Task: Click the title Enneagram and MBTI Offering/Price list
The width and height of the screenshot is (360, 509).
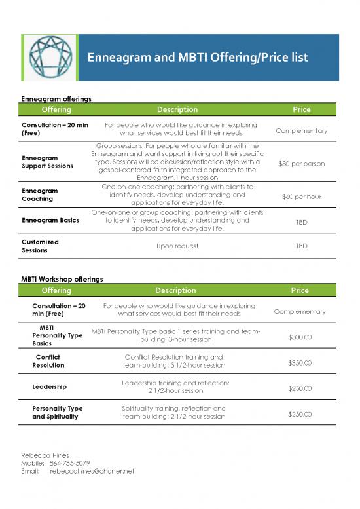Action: click(x=198, y=58)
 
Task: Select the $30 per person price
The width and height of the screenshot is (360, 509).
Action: click(x=301, y=163)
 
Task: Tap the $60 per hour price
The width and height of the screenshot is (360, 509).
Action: click(x=301, y=196)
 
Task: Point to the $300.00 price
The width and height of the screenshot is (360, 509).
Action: click(x=300, y=337)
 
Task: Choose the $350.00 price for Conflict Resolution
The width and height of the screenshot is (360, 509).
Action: click(x=300, y=363)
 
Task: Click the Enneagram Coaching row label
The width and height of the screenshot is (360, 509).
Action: click(x=40, y=195)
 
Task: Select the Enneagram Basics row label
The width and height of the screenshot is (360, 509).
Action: click(x=50, y=221)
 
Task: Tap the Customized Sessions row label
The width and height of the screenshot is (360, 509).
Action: click(x=40, y=246)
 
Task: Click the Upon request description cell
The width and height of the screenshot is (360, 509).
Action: click(x=177, y=246)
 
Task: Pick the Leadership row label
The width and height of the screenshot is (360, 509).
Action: click(x=49, y=386)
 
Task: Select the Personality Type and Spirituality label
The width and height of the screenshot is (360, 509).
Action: click(x=57, y=412)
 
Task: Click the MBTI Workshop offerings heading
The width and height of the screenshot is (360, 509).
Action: click(x=62, y=279)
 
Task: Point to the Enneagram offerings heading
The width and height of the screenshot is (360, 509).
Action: click(x=56, y=98)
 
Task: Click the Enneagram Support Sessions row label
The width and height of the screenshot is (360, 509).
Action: click(x=48, y=162)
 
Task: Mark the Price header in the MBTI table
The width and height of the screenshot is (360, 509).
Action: click(x=300, y=290)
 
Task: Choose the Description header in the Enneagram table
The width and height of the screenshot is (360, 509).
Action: click(x=177, y=109)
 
